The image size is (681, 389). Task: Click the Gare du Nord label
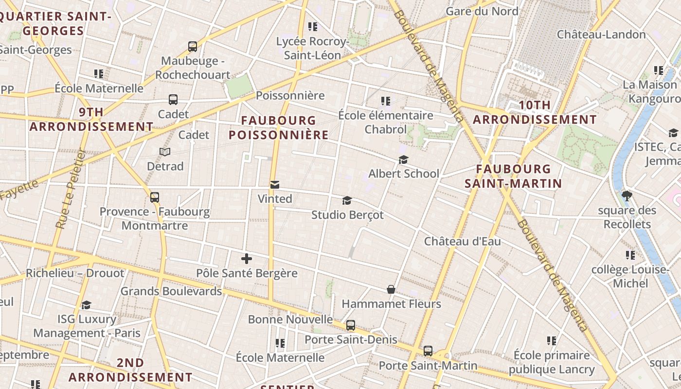coord(482,11)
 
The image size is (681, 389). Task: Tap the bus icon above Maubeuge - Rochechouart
coord(193,47)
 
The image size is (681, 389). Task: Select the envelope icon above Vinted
coord(275,184)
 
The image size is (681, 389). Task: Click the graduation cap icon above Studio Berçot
coord(347,200)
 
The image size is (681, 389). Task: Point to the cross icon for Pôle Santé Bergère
coord(247,259)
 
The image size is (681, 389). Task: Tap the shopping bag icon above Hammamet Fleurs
coord(391,289)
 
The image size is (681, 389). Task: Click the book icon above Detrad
coord(165,152)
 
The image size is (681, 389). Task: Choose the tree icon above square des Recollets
coord(627,196)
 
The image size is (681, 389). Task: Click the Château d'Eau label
coord(462,241)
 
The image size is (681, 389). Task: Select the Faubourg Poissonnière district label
coord(279,127)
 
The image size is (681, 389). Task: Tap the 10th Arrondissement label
coord(535,112)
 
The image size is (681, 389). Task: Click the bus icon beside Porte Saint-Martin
coord(428,351)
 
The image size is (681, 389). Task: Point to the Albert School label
coord(403,174)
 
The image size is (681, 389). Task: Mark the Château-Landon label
coord(601,35)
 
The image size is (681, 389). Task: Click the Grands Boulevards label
coord(171,291)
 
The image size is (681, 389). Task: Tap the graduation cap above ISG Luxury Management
coord(86,305)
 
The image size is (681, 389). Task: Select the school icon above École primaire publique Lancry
coord(551,341)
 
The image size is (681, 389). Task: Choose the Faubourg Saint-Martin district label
coord(513,176)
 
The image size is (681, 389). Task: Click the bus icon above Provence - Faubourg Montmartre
coord(155,197)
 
